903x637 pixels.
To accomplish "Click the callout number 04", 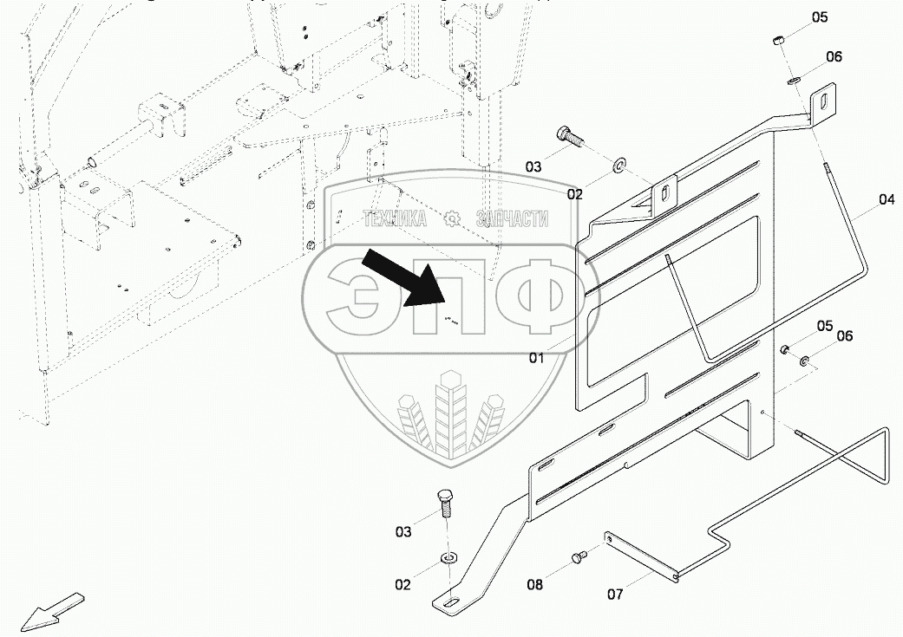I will [886, 199].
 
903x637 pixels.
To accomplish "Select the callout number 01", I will [537, 357].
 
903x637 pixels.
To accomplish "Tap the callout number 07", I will [615, 594].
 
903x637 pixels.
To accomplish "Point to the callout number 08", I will [535, 585].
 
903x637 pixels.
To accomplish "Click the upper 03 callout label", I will [532, 166].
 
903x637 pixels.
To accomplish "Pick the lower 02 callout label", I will [403, 585].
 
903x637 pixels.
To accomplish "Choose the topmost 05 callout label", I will [820, 17].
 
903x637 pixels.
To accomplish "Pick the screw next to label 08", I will [579, 556].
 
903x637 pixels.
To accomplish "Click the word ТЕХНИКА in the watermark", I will [395, 219].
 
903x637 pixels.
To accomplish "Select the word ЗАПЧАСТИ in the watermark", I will [512, 219].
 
